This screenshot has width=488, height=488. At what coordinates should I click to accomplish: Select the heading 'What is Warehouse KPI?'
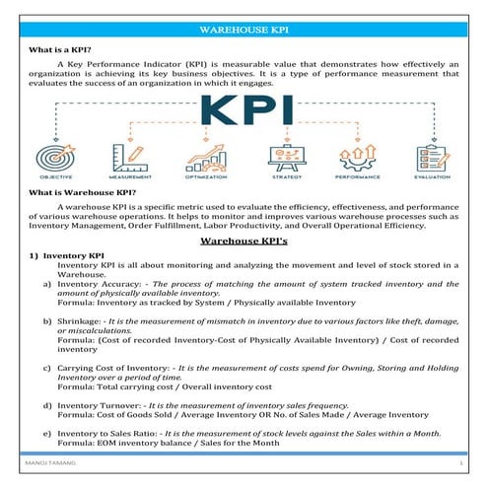[82, 193]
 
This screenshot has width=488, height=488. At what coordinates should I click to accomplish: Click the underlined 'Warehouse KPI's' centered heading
[244, 240]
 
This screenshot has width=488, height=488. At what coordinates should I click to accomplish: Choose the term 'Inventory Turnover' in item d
[99, 404]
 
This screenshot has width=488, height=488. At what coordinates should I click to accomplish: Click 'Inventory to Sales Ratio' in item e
[109, 434]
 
